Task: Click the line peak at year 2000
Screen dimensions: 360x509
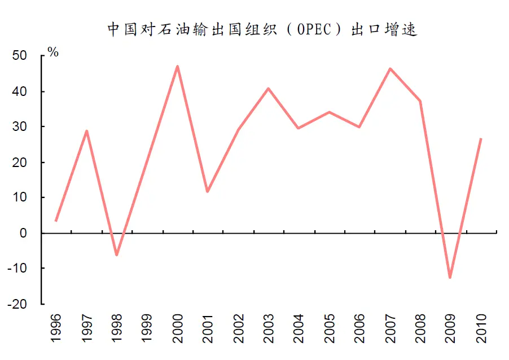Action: click(x=177, y=67)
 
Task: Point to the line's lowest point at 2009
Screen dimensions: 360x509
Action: click(x=450, y=277)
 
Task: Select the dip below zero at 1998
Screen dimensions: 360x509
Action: click(x=117, y=255)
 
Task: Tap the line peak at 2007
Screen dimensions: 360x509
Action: click(x=389, y=69)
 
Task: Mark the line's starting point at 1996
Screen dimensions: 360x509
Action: click(x=56, y=220)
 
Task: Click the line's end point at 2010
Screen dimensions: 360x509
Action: click(x=480, y=139)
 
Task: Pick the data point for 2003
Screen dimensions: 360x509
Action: click(x=268, y=89)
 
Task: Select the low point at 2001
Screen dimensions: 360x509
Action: click(x=207, y=191)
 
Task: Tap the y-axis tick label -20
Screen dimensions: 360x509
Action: click(x=17, y=304)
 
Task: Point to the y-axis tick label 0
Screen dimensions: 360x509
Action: click(x=23, y=233)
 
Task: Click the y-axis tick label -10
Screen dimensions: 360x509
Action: click(x=17, y=269)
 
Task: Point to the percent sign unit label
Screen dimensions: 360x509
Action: click(x=53, y=52)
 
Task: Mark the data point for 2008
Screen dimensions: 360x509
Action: click(x=420, y=101)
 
